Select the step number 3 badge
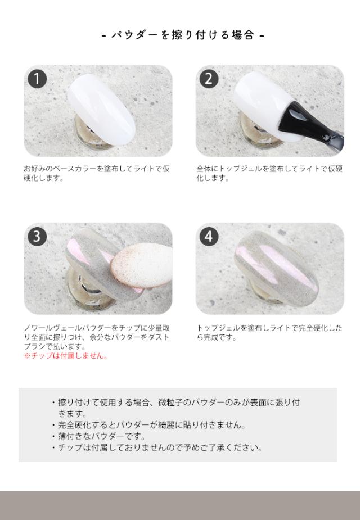pyautogui.click(x=37, y=237)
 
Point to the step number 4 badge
pyautogui.click(x=209, y=237)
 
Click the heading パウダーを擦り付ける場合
pyautogui.click(x=183, y=35)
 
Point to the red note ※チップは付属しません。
pyautogui.click(x=65, y=356)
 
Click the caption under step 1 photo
pyautogui.click(x=96, y=173)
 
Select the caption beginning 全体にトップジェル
pyautogui.click(x=269, y=173)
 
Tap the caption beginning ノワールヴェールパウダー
pyautogui.click(x=96, y=337)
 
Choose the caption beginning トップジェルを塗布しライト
pyautogui.click(x=269, y=333)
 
